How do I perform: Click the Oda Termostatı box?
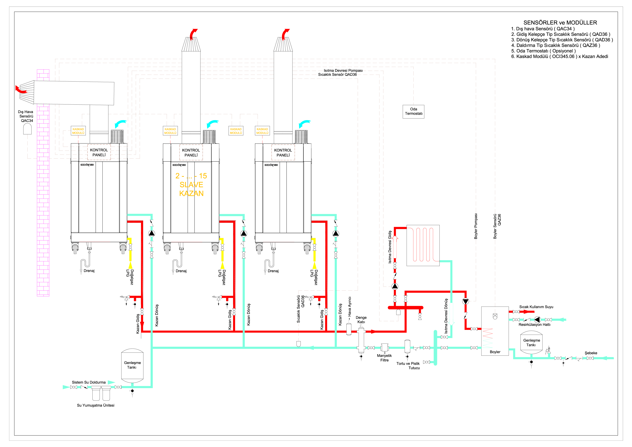[413, 112]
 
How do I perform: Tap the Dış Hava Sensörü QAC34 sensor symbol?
[27, 129]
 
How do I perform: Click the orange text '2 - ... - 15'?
[191, 176]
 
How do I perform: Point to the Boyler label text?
[495, 352]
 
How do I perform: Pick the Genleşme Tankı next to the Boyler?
[531, 342]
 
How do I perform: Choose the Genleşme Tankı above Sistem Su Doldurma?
[132, 365]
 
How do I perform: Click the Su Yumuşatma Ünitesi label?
[95, 405]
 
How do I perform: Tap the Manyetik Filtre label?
[384, 358]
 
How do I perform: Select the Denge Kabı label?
[361, 319]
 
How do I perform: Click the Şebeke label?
[591, 353]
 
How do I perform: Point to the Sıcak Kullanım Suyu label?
[536, 307]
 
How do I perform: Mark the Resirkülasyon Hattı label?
[534, 325]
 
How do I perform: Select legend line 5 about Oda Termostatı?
[543, 51]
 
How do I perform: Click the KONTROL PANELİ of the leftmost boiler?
[99, 152]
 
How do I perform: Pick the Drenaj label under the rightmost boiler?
[273, 271]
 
